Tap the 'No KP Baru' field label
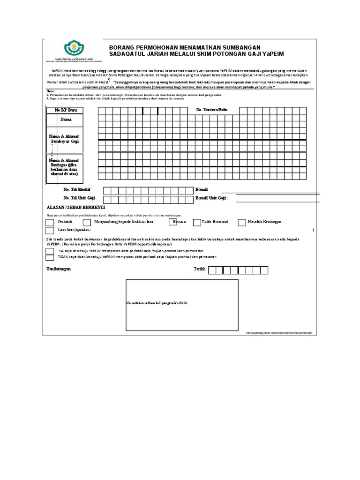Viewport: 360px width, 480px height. click(65, 110)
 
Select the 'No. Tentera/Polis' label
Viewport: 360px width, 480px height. click(211, 110)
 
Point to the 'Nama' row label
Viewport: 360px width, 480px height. click(65, 120)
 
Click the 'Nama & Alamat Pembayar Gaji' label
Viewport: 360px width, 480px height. click(65, 138)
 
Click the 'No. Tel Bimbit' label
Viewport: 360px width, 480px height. click(77, 190)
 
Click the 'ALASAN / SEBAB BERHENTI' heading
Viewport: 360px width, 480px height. click(76, 207)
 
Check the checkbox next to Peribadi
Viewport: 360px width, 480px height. click(50, 222)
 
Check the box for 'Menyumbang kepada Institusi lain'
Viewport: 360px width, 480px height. click(87, 222)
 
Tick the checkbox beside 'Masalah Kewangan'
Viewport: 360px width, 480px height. click(241, 222)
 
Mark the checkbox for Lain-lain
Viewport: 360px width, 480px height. click(50, 231)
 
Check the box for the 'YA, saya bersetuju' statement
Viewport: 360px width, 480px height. click(50, 251)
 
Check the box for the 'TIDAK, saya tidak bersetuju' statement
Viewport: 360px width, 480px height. click(50, 257)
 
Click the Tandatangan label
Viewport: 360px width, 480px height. click(59, 269)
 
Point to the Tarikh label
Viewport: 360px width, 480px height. click(200, 269)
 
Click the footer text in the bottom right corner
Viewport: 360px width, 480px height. click(278, 332)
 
